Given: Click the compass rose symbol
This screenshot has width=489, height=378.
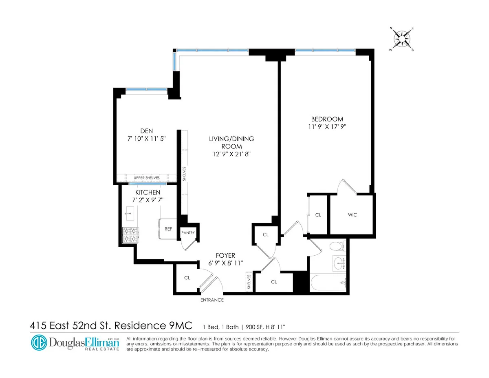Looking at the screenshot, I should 401,39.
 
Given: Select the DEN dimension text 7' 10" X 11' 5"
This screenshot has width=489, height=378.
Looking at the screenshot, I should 147,139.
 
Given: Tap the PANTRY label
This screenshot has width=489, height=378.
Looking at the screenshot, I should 188,233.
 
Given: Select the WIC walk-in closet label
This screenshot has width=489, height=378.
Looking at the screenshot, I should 352,215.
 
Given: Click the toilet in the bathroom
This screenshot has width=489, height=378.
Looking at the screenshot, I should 337,247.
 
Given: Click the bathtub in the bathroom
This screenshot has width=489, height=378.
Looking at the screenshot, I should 328,283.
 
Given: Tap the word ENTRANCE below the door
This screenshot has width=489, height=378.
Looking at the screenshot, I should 212,300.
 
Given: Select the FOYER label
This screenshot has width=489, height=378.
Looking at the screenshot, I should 226,256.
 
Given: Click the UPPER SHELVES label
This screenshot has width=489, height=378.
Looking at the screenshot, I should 147,178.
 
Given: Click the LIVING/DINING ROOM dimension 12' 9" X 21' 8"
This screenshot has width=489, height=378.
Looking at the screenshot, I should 231,154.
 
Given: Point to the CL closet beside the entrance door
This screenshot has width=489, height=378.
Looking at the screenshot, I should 187,278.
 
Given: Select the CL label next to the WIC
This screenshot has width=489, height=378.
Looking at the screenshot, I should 318,215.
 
